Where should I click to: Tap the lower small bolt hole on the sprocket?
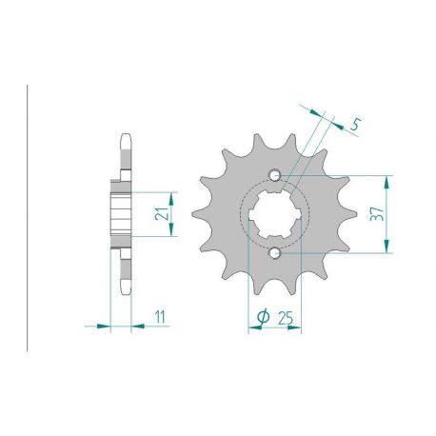[275, 253]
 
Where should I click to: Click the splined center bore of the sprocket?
[275, 214]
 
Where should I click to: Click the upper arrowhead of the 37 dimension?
[386, 181]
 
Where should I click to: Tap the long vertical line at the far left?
[28, 214]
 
